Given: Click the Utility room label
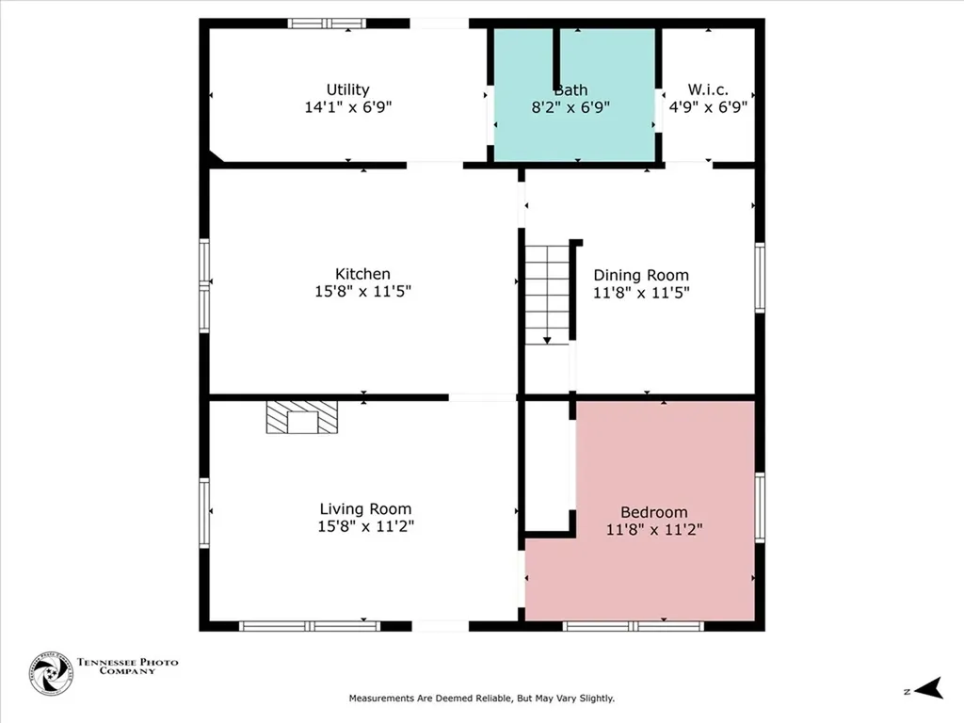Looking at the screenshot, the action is (x=348, y=89).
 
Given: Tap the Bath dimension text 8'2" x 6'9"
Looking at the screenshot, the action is (x=570, y=107).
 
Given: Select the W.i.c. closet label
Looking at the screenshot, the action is (x=708, y=89).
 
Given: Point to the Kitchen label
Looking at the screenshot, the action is (x=362, y=274).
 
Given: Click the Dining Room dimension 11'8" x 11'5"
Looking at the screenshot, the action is (x=641, y=293).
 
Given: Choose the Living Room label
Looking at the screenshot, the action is (x=365, y=509).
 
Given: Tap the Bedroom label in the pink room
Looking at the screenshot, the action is (x=654, y=512).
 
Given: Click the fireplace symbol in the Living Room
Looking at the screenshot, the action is (x=302, y=417).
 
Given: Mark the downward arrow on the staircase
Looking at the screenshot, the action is (x=547, y=341).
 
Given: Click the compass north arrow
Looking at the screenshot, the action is (x=929, y=688).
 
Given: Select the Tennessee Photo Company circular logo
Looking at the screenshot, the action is (x=51, y=674).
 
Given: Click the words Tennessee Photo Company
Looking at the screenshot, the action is (x=127, y=667).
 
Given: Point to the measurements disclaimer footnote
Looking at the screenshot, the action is (x=482, y=699).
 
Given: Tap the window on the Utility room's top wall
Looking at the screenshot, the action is (x=327, y=24).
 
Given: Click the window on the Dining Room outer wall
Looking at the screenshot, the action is (x=760, y=278).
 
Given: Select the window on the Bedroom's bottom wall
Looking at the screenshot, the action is (x=634, y=626).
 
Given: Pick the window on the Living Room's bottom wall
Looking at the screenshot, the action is (x=309, y=626).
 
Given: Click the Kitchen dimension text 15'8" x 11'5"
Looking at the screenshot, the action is (x=362, y=292).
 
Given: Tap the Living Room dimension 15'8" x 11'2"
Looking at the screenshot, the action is (x=366, y=526).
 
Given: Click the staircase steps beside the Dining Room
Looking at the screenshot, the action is (x=547, y=295).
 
